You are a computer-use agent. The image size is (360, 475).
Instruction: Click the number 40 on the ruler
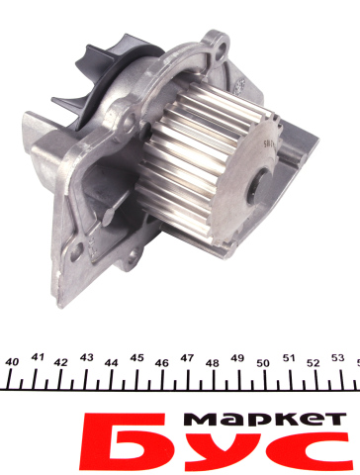point(12,362)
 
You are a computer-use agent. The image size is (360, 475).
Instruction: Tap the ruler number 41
point(38,357)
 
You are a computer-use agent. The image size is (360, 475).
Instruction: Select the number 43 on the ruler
point(87,357)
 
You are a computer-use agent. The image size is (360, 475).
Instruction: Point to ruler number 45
point(137,357)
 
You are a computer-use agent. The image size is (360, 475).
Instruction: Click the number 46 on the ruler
point(162,363)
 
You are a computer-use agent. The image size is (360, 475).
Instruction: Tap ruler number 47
point(187,358)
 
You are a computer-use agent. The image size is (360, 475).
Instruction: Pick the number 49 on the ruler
point(237,358)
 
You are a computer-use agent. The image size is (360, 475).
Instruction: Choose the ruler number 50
point(263,363)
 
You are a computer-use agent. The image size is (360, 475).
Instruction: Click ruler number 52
point(314,363)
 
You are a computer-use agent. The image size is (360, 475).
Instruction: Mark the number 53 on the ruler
point(338,358)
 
